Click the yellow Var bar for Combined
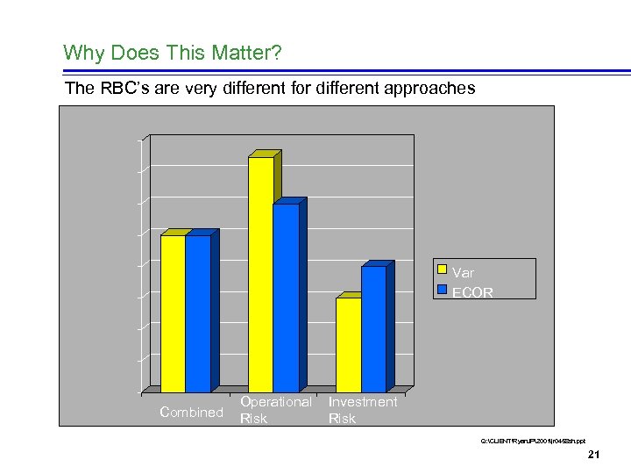click(x=173, y=313)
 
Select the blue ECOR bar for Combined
click(x=198, y=313)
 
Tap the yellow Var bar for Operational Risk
click(x=261, y=274)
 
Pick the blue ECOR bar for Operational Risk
click(x=286, y=298)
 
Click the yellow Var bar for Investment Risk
click(x=348, y=344)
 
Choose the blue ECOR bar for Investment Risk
click(x=373, y=328)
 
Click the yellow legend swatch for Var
click(x=443, y=270)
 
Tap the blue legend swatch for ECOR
click(x=443, y=290)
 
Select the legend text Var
click(x=463, y=272)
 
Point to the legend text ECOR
click(x=472, y=292)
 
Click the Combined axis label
click(x=192, y=413)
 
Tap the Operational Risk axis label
click(x=275, y=410)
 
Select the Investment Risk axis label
click(x=363, y=410)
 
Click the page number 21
click(x=593, y=454)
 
